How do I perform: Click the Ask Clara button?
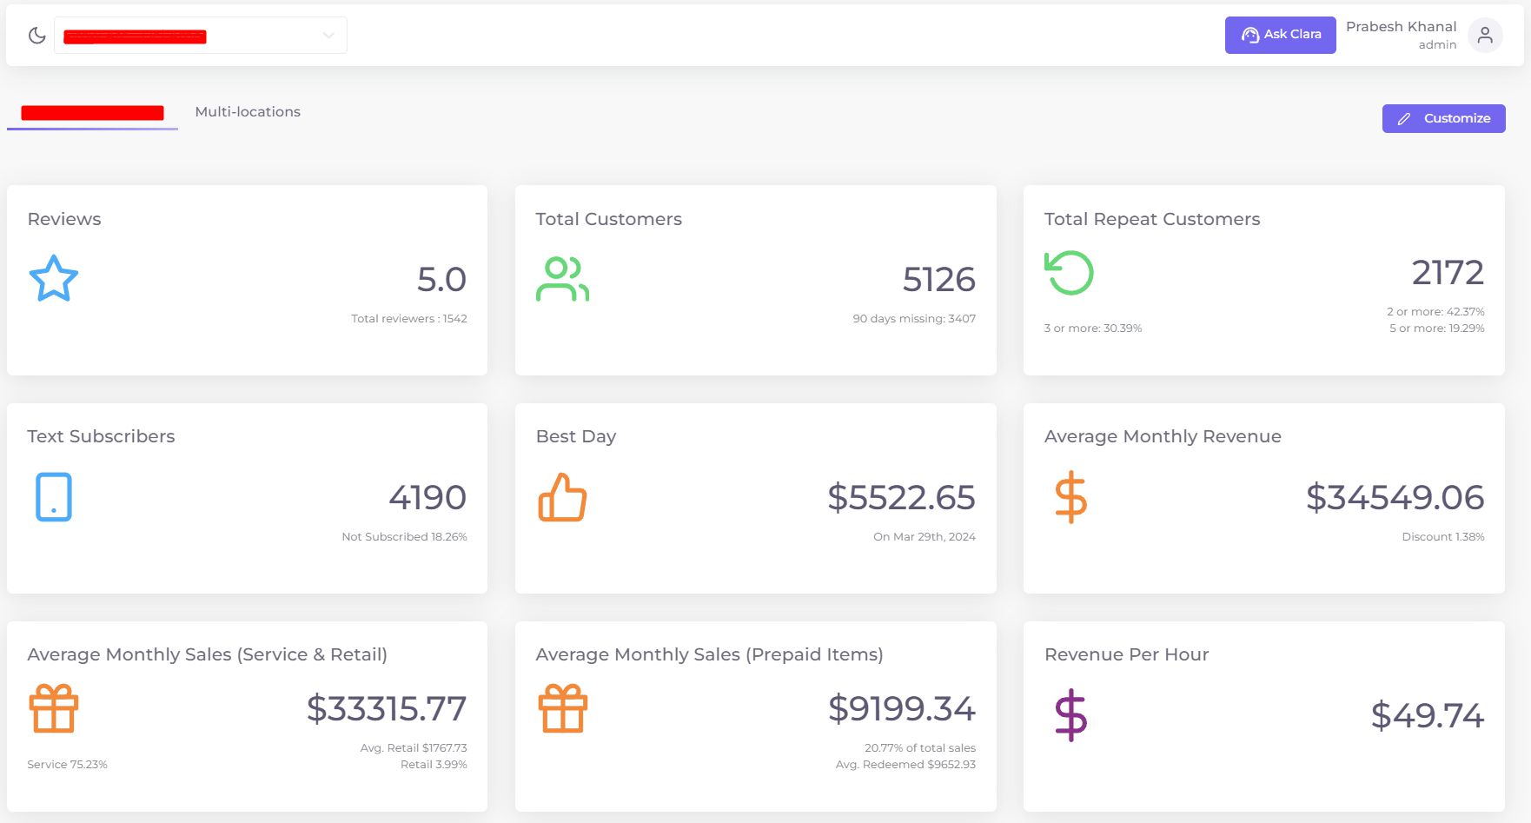click(1280, 35)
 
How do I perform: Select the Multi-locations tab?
click(248, 112)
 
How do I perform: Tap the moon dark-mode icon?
click(36, 36)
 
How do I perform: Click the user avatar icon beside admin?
click(1485, 36)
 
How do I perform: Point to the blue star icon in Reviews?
click(54, 278)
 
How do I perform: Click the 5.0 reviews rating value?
click(441, 279)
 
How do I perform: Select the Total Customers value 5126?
click(938, 279)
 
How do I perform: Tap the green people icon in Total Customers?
click(562, 279)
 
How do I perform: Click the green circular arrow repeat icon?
click(1069, 273)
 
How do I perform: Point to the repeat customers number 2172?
click(1447, 272)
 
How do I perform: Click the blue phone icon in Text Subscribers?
click(54, 497)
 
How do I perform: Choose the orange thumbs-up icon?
click(562, 497)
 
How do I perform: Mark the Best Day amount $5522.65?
click(901, 497)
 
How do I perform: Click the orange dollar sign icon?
click(1070, 497)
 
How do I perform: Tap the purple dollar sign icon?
click(1070, 715)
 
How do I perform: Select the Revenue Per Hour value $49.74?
click(1427, 715)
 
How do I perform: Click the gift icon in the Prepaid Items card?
click(562, 708)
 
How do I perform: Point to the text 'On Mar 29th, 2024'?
click(924, 537)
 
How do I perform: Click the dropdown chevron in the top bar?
click(328, 36)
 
